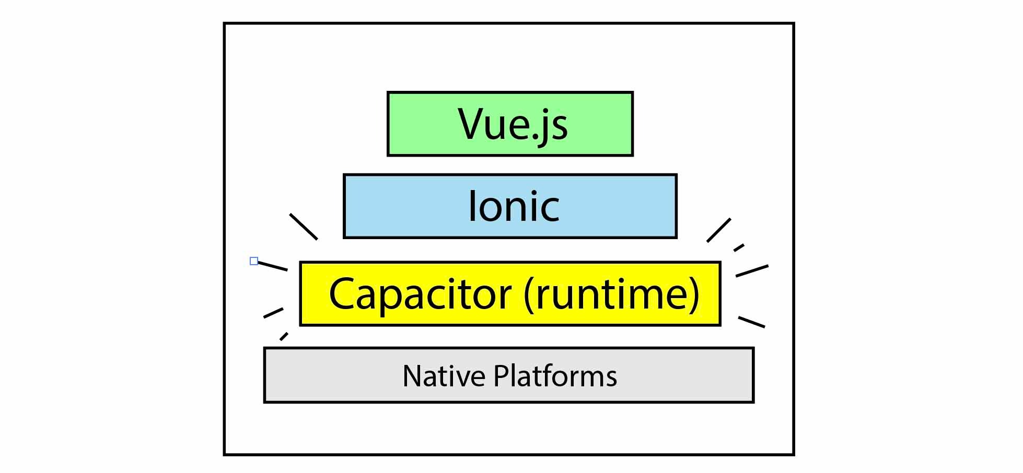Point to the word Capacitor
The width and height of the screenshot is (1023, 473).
[420, 294]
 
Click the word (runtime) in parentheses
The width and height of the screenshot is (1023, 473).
[611, 294]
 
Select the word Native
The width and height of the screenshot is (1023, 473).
[444, 376]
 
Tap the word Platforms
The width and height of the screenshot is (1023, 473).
[555, 376]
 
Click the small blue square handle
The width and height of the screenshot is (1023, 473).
[254, 261]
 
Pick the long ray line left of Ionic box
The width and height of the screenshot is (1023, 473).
[304, 227]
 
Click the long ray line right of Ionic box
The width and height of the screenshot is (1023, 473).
[719, 230]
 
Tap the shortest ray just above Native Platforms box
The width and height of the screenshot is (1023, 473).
[284, 336]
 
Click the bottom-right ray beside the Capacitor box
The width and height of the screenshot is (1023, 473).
[751, 322]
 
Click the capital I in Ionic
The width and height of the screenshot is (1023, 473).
[472, 206]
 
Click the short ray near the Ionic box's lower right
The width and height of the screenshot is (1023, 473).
[739, 247]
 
